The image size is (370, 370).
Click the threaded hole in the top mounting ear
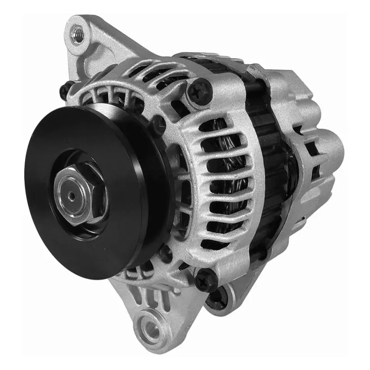(x=78, y=33)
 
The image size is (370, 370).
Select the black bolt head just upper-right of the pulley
(x=158, y=124)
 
